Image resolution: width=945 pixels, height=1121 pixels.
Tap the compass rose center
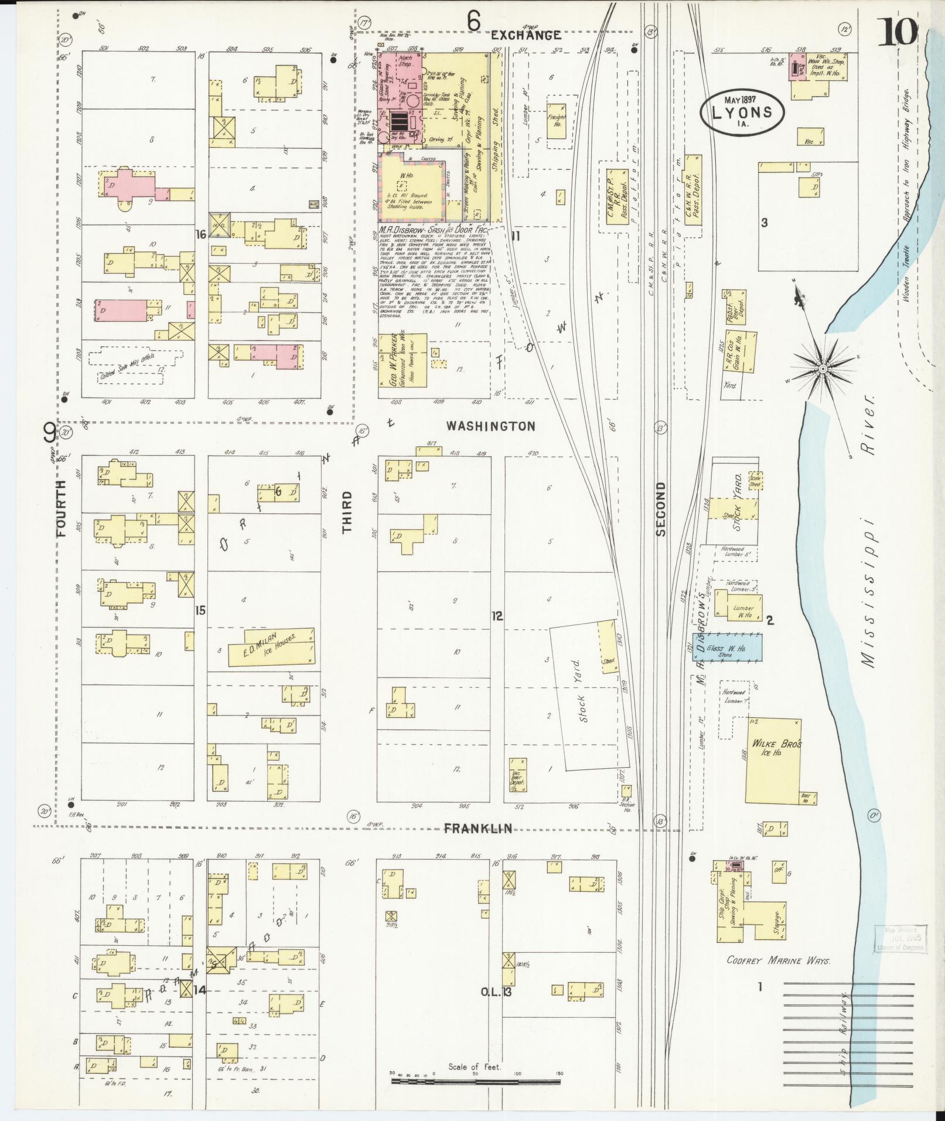coord(823,368)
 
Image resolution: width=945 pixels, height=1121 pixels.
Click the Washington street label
coord(490,426)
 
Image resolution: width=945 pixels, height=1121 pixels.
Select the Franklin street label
coord(477,828)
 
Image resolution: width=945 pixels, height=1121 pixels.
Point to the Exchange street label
coord(526,35)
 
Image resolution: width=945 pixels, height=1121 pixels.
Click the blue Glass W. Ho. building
coord(727,647)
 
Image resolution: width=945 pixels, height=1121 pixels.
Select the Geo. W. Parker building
coord(402,361)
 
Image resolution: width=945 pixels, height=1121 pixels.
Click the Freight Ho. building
coord(557,121)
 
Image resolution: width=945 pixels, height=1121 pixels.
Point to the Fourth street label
coord(63,509)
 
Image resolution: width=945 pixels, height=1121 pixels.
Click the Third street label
coord(347,512)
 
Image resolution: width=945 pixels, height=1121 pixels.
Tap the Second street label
coord(661,509)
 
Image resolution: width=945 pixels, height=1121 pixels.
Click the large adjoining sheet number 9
coord(49,434)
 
